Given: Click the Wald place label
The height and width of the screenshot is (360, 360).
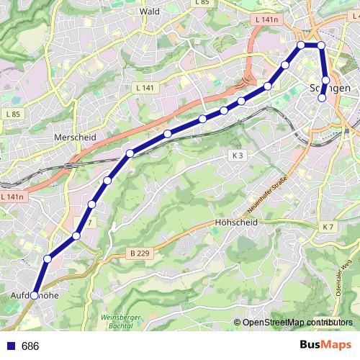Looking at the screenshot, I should [150, 12].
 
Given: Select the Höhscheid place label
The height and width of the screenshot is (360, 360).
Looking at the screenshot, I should [235, 222].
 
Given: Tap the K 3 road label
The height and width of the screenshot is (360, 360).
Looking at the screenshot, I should [238, 156].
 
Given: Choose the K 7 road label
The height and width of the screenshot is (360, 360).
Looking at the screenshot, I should [328, 228].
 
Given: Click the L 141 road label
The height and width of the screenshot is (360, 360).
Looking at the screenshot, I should [144, 87].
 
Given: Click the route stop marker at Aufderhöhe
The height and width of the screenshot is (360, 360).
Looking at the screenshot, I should [34, 295].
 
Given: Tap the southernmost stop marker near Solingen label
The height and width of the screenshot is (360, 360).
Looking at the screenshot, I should [322, 98].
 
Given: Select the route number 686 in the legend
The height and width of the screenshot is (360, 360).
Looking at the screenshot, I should [30, 346].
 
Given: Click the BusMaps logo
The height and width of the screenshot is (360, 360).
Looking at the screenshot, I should [325, 346].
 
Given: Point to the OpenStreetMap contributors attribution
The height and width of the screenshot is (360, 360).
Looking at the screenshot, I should [294, 323].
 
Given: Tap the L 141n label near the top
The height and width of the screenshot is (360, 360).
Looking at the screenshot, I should [266, 20].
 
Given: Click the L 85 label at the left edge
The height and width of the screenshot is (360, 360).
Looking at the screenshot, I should [11, 114].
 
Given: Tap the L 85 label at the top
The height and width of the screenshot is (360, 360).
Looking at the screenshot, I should [202, 3].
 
